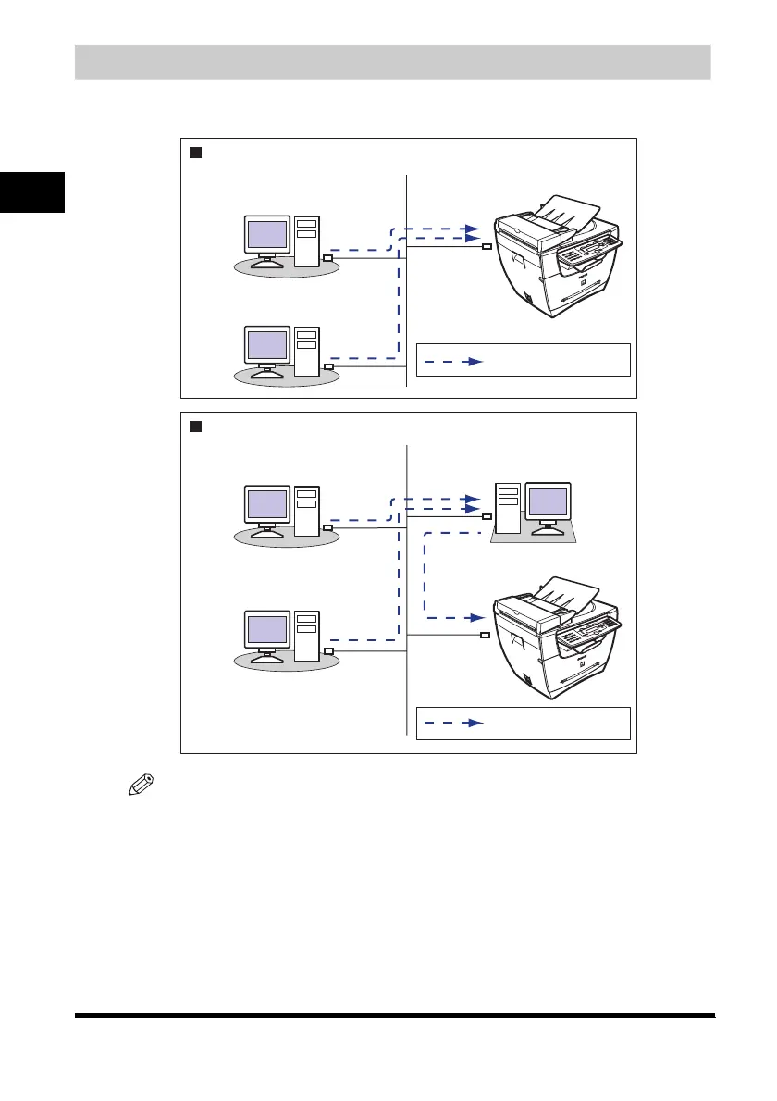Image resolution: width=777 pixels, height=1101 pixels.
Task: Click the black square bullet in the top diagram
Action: click(196, 153)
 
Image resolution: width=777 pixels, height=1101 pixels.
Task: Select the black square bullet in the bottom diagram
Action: click(196, 427)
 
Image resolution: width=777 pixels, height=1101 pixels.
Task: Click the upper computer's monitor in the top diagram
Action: click(266, 234)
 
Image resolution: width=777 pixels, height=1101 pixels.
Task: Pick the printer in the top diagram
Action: click(556, 260)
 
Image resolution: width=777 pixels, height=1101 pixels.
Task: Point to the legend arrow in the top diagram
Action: click(454, 362)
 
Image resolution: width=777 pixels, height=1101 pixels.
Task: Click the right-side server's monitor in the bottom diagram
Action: click(549, 502)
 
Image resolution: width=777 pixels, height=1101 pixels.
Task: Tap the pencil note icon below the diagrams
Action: click(140, 788)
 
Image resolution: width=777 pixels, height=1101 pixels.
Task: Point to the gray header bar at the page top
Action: click(392, 61)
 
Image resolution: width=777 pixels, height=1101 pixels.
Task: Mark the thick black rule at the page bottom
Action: click(395, 1016)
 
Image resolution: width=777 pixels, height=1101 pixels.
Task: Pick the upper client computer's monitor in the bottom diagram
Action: click(266, 506)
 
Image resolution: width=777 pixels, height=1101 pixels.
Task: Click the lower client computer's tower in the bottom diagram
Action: click(306, 635)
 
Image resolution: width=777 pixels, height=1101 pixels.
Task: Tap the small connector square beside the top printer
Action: click(487, 247)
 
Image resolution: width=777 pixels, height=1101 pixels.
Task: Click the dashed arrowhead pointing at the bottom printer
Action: click(477, 616)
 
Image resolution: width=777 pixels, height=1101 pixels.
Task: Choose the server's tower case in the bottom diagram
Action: click(508, 508)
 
